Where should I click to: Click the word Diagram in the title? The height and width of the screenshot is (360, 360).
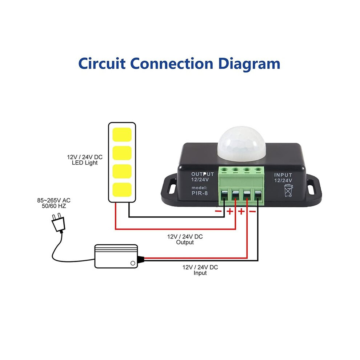tap(249, 64)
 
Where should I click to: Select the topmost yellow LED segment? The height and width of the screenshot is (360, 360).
tap(122, 135)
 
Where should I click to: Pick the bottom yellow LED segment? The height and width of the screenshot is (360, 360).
tap(122, 190)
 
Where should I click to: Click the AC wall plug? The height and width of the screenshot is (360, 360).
tap(58, 223)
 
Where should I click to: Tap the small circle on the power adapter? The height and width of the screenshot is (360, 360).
tap(133, 263)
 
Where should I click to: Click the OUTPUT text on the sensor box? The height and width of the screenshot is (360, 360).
tap(203, 174)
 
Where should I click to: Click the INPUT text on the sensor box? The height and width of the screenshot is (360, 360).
tap(283, 175)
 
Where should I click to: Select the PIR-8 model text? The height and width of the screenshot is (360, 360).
tap(200, 193)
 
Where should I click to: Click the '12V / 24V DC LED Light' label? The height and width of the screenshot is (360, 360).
tap(85, 160)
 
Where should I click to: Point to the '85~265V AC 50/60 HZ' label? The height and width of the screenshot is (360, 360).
tap(54, 203)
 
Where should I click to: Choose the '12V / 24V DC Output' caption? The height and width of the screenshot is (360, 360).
tap(185, 240)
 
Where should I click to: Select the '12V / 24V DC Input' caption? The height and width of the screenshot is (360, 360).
tap(200, 270)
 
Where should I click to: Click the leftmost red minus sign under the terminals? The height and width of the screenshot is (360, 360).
tap(218, 211)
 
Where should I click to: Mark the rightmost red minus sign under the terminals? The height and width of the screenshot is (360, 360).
tap(252, 211)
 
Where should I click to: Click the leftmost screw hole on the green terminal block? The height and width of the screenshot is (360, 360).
tap(224, 170)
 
